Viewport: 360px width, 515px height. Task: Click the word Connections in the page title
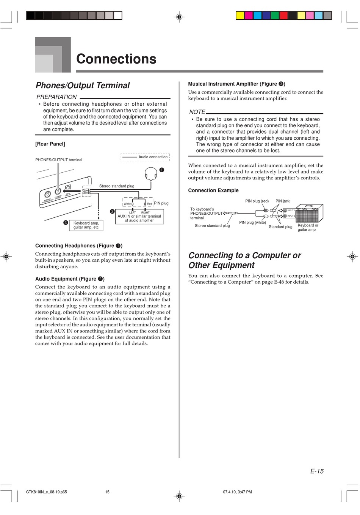[116, 59]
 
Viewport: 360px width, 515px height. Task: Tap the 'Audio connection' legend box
[145, 157]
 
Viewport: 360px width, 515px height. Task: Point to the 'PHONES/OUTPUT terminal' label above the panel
[59, 160]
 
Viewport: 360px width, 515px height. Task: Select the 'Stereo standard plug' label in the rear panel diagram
[117, 186]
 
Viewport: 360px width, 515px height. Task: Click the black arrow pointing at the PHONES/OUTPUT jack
[76, 191]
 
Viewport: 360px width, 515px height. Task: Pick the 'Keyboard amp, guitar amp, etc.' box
[86, 225]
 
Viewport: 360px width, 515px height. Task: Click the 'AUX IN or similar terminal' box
[139, 217]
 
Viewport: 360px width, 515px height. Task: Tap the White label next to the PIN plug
[127, 204]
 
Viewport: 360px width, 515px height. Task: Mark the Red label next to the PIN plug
[149, 204]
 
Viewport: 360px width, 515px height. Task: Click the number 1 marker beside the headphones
[161, 170]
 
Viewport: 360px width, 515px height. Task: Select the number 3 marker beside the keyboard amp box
[66, 223]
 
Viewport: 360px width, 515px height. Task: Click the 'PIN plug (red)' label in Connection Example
[257, 201]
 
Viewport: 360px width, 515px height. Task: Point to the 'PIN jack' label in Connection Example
[282, 201]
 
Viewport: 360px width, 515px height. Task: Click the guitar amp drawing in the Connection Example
[309, 213]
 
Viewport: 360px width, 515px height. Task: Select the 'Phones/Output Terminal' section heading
[83, 86]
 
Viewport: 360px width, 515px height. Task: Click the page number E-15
[317, 471]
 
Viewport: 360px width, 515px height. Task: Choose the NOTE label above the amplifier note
[197, 112]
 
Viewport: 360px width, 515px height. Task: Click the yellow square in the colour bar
[240, 16]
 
